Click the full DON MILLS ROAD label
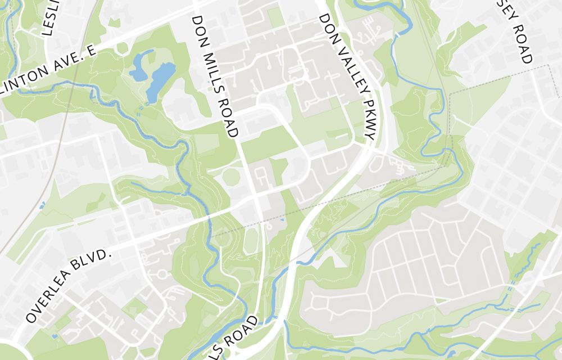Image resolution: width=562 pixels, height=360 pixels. pos(215,76)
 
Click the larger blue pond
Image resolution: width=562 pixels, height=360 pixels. pos(160,78)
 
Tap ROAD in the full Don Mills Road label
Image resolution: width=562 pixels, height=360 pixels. pos(229,119)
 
